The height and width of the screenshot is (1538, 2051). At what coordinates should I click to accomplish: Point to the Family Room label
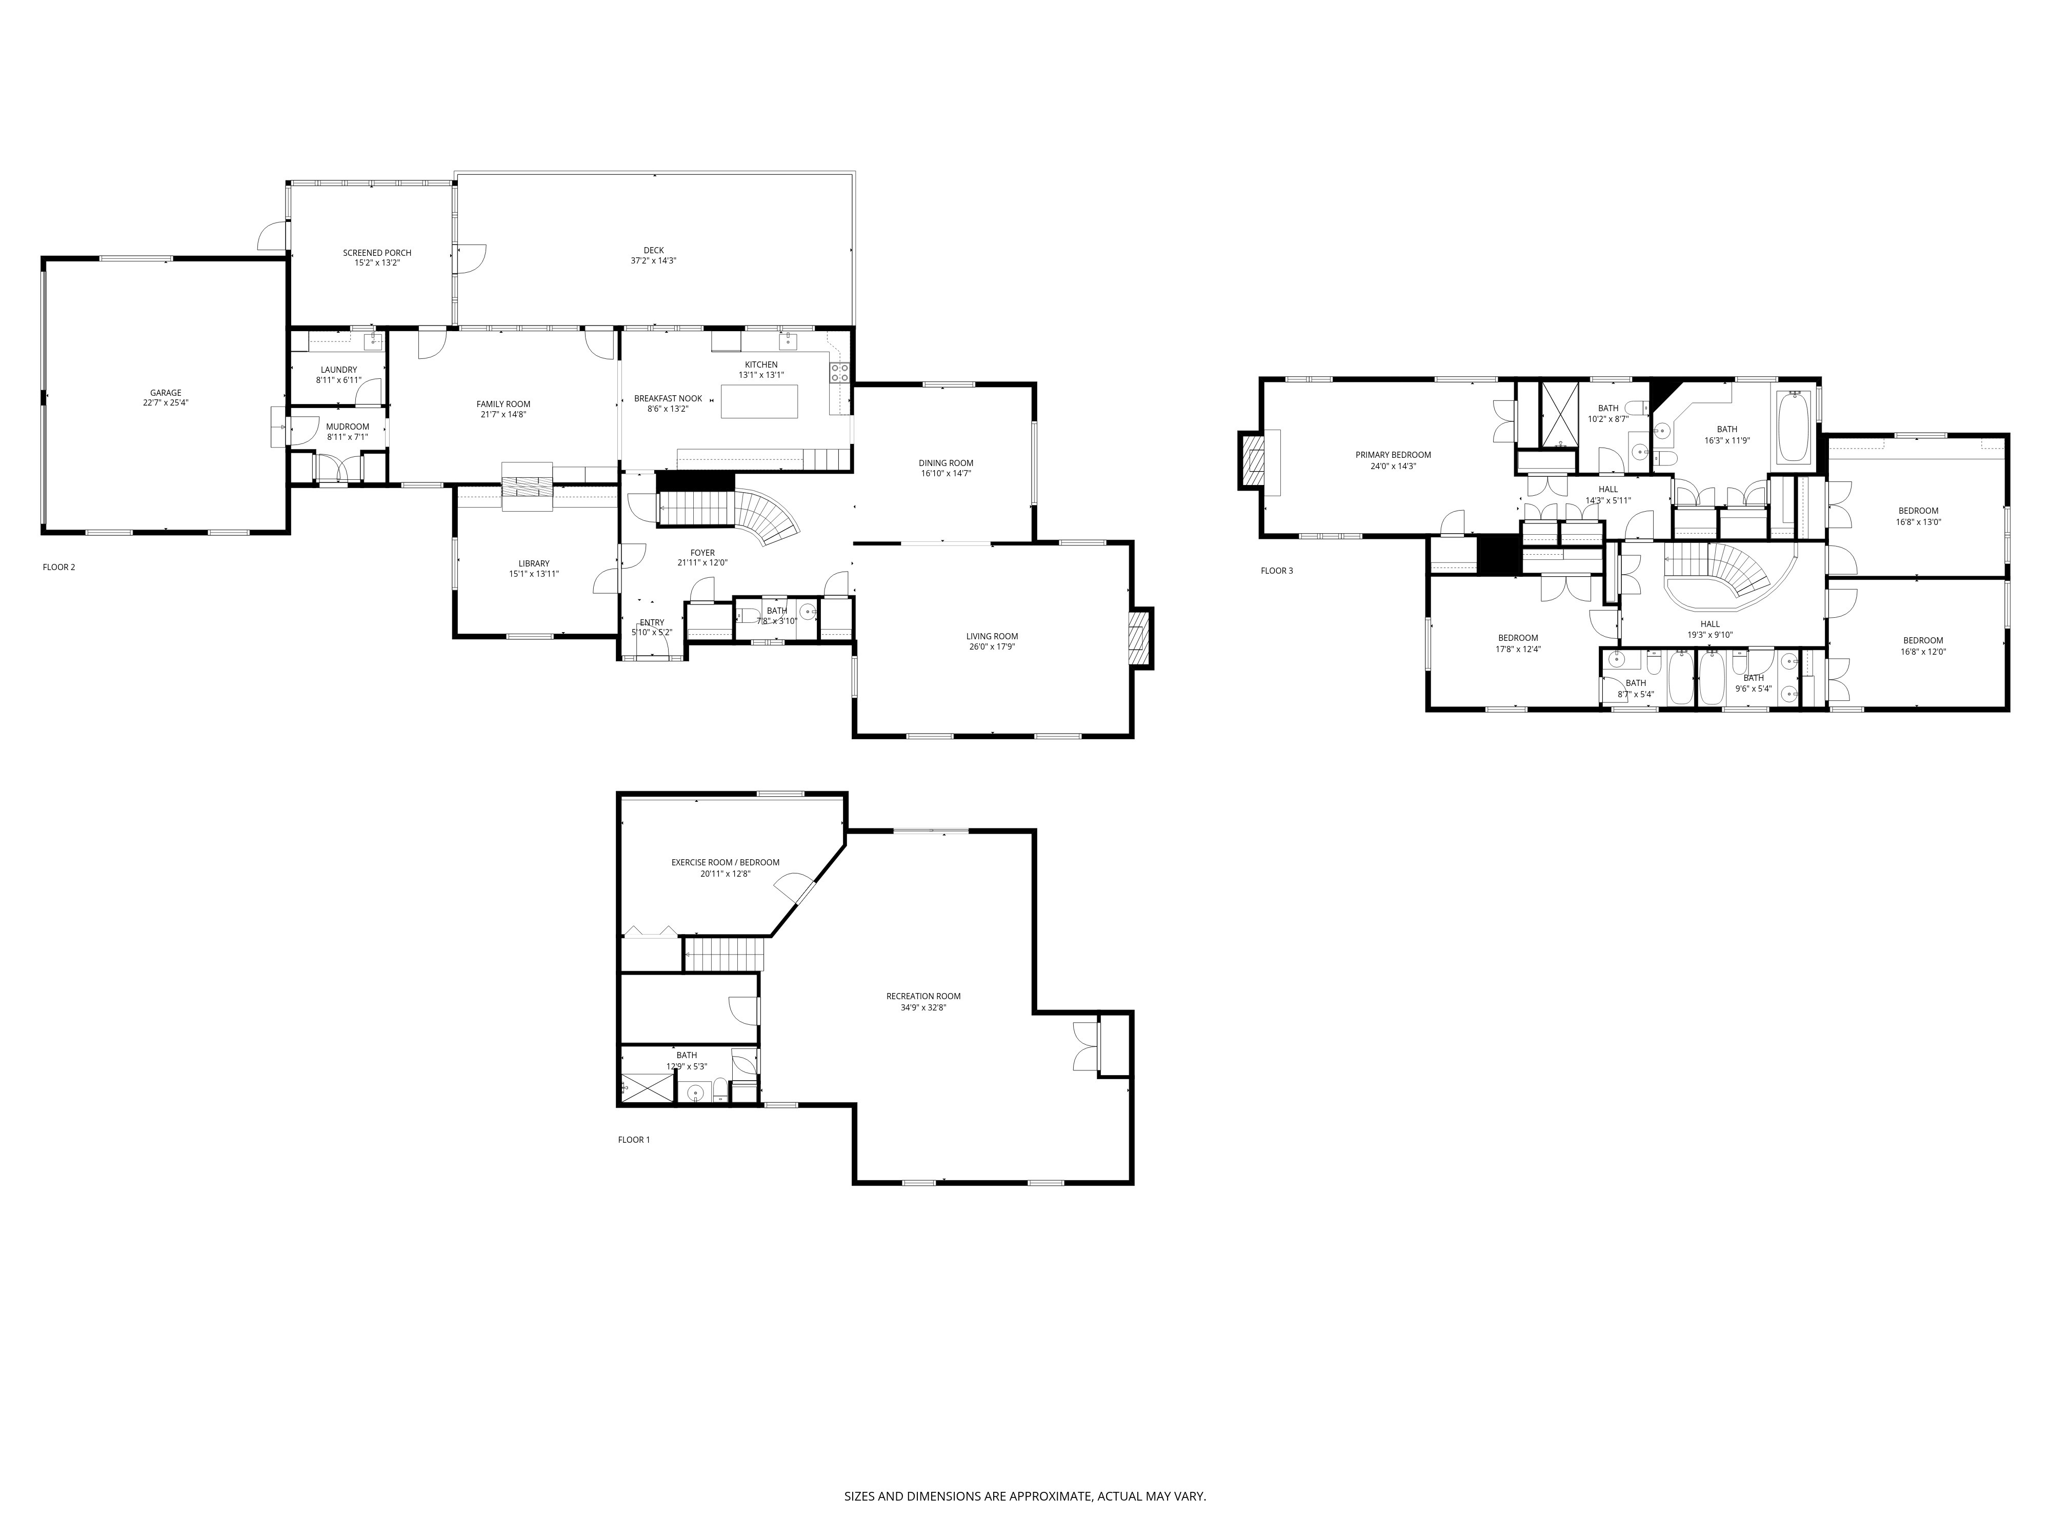(504, 404)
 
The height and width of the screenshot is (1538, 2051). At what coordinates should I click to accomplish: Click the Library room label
(534, 563)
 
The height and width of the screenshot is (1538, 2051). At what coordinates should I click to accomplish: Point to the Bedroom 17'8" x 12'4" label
(1518, 638)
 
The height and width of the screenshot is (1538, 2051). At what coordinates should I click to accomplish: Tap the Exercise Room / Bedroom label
(725, 862)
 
